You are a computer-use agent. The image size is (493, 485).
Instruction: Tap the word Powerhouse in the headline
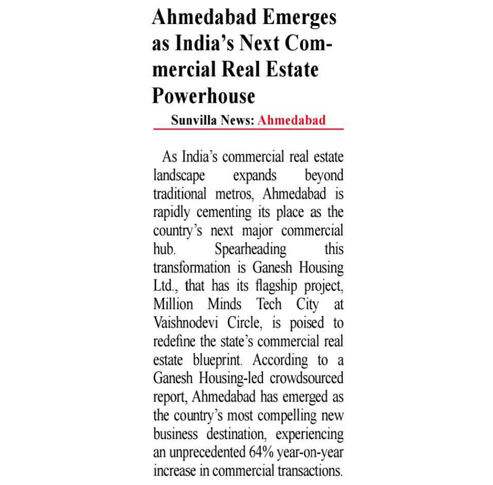click(x=204, y=95)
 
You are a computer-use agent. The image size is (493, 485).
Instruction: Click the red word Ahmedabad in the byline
click(x=292, y=120)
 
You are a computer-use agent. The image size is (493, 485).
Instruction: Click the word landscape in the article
click(x=179, y=176)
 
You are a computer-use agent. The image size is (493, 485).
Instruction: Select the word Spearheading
click(x=250, y=249)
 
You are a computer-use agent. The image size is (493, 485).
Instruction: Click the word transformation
click(x=191, y=268)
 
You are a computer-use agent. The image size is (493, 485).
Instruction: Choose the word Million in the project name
click(x=173, y=305)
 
